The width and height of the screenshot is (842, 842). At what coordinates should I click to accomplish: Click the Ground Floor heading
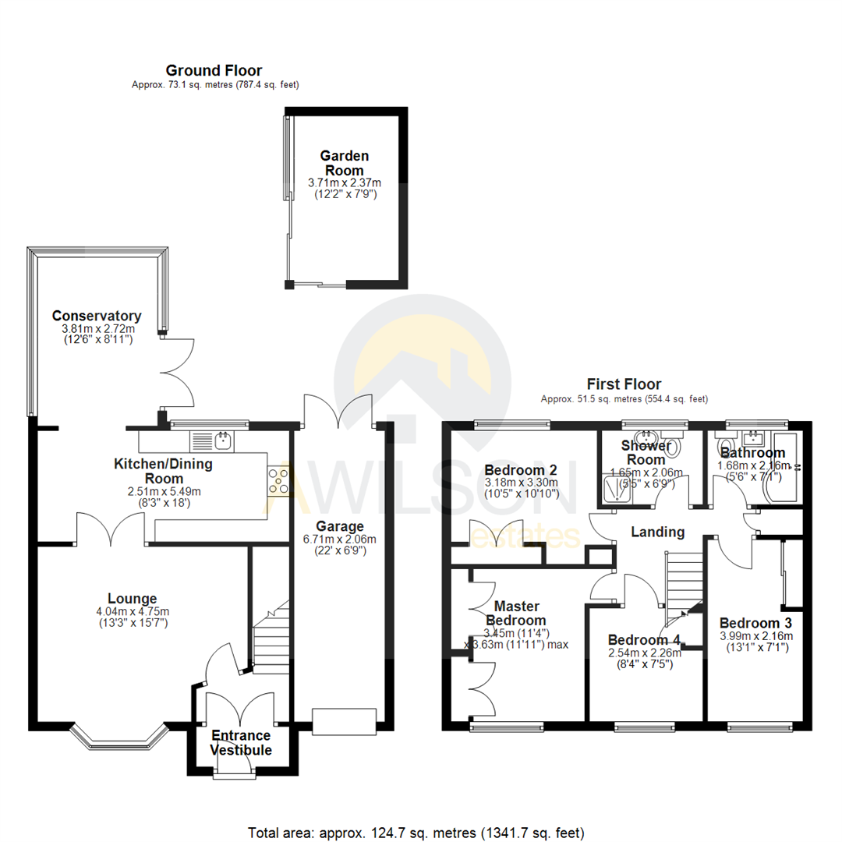[x=214, y=71]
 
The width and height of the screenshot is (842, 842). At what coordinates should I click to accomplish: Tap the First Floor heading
[x=624, y=384]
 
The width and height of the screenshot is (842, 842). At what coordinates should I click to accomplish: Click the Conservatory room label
[x=96, y=316]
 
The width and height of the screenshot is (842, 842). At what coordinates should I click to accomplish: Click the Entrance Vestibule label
[x=241, y=743]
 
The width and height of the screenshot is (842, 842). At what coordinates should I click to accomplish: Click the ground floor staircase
[x=271, y=635]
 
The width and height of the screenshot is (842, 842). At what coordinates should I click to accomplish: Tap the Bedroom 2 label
[x=521, y=471]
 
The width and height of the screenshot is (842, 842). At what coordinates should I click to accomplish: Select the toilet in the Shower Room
[x=674, y=448]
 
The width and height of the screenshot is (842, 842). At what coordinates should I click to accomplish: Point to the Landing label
[x=658, y=532]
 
